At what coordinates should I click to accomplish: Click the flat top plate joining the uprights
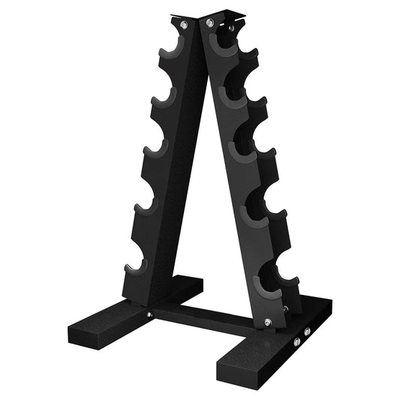[212, 16]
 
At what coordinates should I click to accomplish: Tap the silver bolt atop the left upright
[183, 26]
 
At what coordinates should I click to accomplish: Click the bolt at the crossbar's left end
[150, 314]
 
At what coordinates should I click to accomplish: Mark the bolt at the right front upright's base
[268, 323]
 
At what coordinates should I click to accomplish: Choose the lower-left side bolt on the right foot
[296, 341]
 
